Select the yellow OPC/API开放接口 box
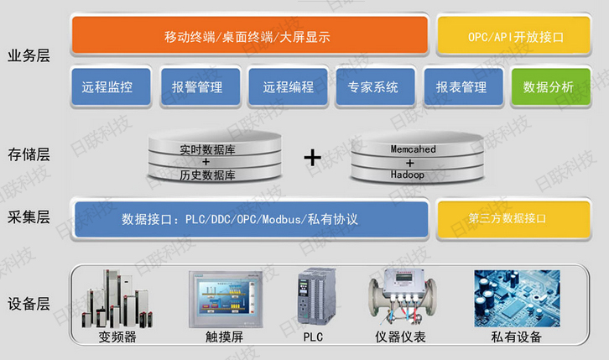point(514,36)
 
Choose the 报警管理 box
point(196,86)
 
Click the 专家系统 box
point(373,86)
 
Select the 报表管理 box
point(461,86)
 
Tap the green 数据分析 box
point(548,86)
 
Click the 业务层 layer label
point(29,55)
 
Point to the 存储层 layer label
point(29,155)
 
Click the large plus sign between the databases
point(312,156)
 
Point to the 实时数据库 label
point(206,149)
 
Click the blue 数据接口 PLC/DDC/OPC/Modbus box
point(249,219)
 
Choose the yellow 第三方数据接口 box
point(514,219)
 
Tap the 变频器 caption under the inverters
point(117,337)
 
